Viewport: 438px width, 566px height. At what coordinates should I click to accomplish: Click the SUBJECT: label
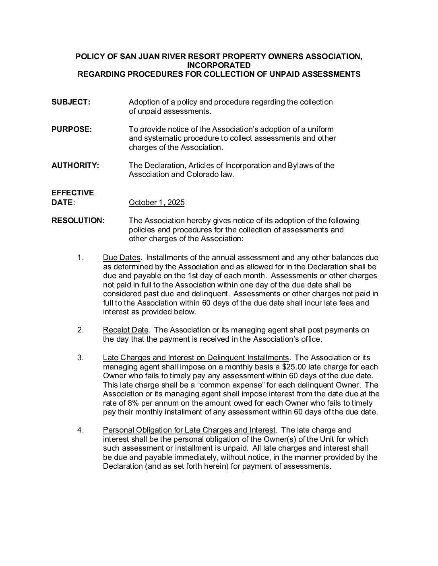[71, 102]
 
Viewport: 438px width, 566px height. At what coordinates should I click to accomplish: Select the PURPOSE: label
[72, 129]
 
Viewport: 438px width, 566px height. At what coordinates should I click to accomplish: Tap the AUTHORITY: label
[75, 166]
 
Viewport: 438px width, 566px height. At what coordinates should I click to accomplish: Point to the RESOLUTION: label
[78, 221]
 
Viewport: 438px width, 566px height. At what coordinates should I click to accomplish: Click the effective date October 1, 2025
[157, 203]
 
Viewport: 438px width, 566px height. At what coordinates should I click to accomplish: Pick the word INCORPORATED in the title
[219, 65]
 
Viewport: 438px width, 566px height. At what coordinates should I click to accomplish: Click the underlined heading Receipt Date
[126, 330]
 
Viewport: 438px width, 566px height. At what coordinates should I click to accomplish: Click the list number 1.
[80, 258]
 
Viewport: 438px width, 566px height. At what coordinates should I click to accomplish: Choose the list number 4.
[80, 430]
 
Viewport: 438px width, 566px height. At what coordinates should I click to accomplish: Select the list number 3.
[80, 358]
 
